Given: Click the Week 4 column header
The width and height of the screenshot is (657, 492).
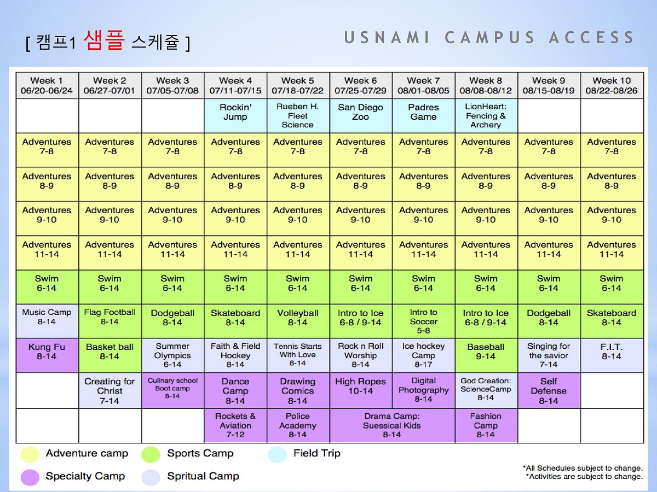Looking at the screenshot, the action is point(235,85).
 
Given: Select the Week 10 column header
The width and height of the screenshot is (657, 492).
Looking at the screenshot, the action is point(612,85).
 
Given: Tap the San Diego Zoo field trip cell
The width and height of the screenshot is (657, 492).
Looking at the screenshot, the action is point(361,115).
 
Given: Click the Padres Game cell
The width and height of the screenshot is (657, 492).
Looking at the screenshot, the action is point(424,115).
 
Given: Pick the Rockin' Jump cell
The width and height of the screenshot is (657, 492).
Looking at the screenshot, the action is point(235,115).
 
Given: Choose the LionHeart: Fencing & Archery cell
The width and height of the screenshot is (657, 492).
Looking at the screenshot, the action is point(486,115).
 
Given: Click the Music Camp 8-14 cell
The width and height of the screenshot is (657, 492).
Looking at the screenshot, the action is point(47,321).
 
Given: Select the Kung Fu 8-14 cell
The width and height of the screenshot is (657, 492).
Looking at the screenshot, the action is point(47,355).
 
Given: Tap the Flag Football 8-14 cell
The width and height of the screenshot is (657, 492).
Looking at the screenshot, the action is point(110,321).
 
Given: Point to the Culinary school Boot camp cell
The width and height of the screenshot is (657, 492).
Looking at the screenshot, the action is point(172,390).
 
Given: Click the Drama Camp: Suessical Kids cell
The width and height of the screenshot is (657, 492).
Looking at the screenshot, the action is point(392,425).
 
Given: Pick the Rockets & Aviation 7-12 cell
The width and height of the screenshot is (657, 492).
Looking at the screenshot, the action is point(235,425).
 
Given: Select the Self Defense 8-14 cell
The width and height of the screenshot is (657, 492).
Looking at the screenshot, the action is point(549,390).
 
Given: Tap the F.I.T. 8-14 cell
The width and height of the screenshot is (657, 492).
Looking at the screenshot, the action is point(612,355).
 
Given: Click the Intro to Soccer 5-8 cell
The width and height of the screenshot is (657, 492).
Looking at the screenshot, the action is point(424,321).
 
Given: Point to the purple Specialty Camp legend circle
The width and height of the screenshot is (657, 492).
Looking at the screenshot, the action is point(30,477).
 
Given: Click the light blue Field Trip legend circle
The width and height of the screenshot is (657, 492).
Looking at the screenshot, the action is point(277,455).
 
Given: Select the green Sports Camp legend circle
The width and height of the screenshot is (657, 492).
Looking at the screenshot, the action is point(151,455).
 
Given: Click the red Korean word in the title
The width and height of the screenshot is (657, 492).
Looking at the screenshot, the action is point(104,40).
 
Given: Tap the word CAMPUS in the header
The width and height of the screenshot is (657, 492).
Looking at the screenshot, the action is point(489,38).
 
